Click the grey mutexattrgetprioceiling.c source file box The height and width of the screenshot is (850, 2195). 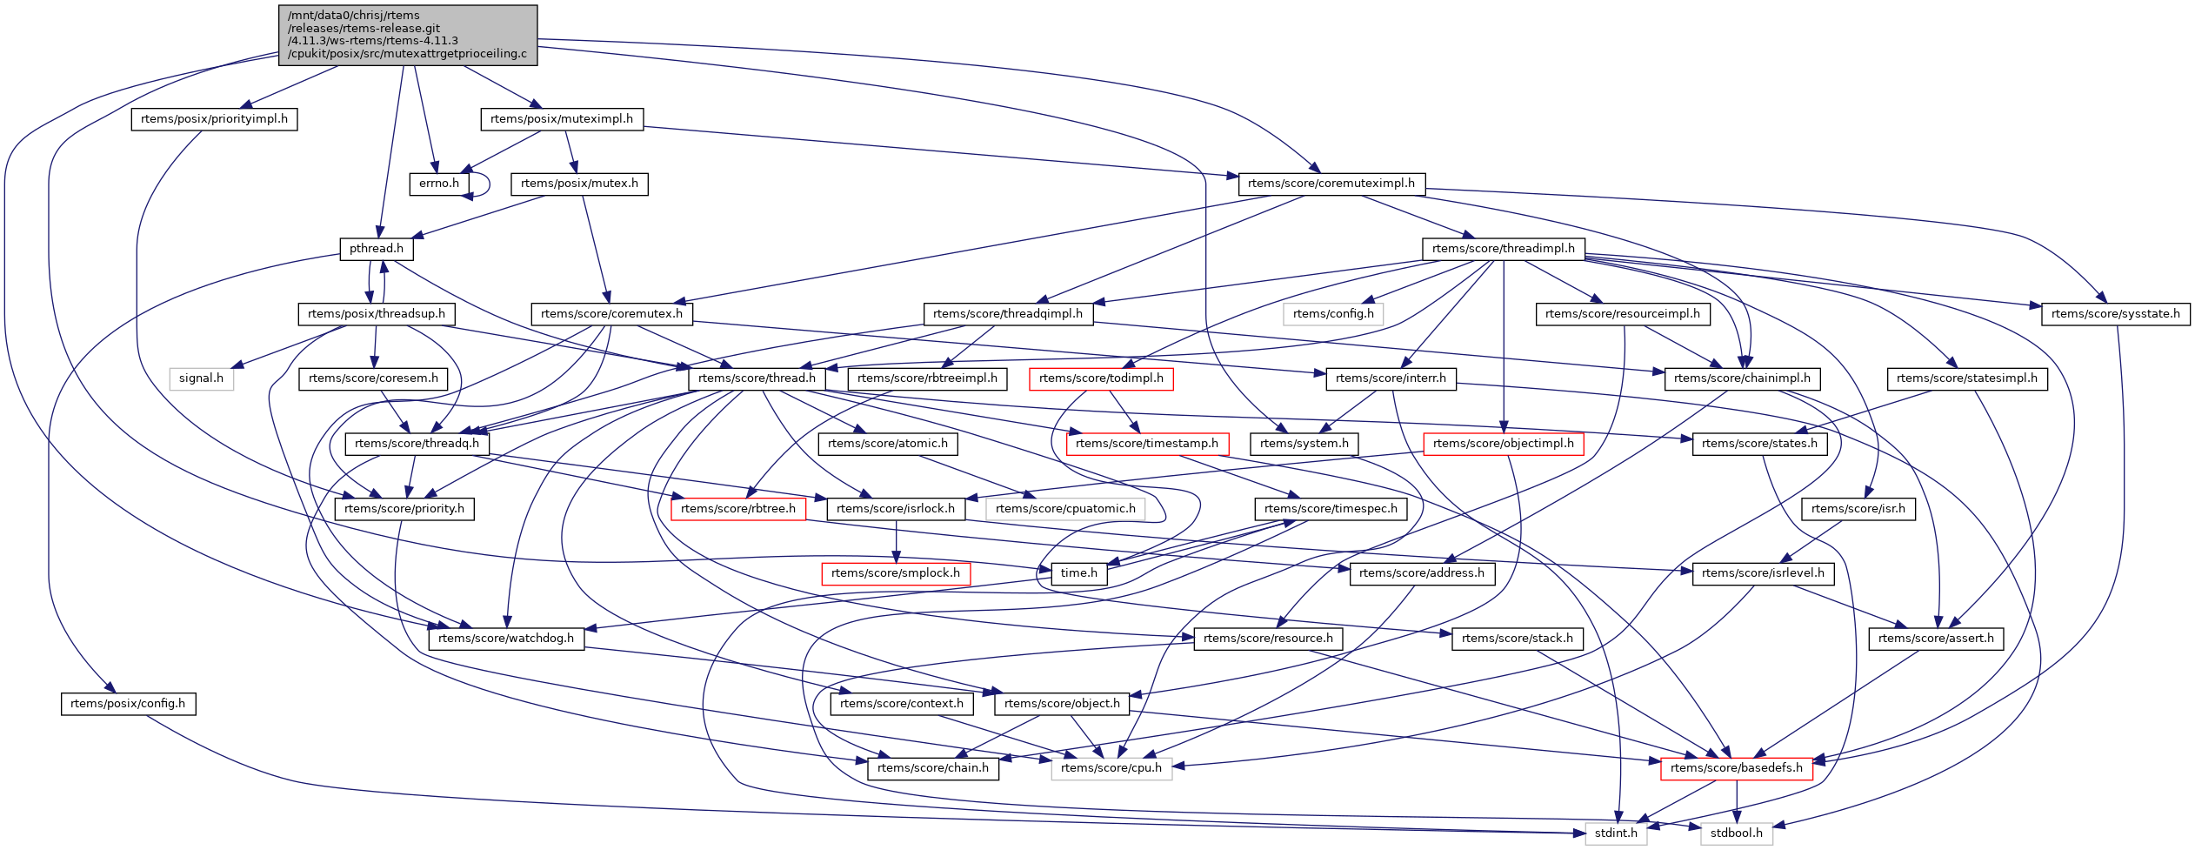(408, 35)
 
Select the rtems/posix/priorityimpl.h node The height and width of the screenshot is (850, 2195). (214, 119)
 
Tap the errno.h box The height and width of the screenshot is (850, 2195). (439, 184)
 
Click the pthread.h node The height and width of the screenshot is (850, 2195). (377, 249)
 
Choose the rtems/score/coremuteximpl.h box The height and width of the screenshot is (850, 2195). (1331, 184)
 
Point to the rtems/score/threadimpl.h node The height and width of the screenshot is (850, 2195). (1503, 249)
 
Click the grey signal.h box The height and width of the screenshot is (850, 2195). (201, 378)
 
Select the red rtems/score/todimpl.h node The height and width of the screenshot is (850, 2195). (1101, 378)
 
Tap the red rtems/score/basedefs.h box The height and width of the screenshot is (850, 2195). (1736, 768)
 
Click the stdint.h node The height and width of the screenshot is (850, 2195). (1616, 833)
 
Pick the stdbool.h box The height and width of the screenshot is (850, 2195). (1736, 833)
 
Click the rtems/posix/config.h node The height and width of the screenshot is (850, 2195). (128, 704)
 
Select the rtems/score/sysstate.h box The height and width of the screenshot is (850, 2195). (2115, 314)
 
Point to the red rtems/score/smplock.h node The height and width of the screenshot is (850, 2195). (896, 573)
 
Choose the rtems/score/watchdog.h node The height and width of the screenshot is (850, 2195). (506, 639)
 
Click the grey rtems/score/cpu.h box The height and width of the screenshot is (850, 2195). (1111, 768)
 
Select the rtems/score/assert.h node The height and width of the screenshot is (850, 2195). (1936, 639)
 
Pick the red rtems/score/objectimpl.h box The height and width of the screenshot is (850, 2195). (1503, 444)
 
